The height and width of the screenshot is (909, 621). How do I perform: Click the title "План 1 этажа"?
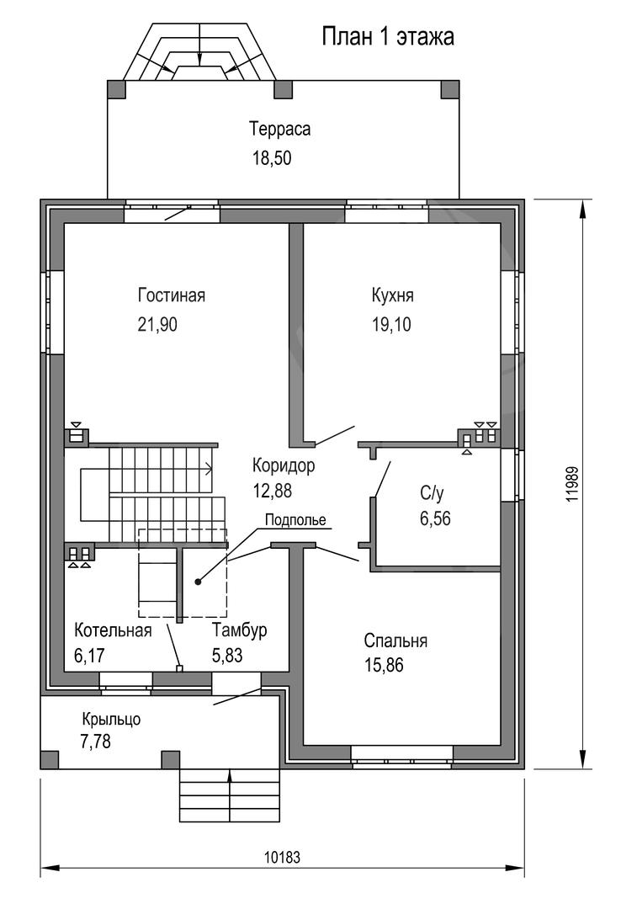(x=388, y=37)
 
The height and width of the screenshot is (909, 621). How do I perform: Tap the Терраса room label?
(x=280, y=129)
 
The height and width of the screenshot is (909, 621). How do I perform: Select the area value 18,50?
(x=271, y=157)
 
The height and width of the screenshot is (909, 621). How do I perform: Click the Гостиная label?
(x=172, y=295)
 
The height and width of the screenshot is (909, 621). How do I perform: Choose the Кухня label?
(x=393, y=295)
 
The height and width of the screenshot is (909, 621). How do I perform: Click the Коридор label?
(x=284, y=465)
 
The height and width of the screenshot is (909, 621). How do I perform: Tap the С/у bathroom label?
(x=432, y=493)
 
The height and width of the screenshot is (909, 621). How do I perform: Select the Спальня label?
(x=396, y=641)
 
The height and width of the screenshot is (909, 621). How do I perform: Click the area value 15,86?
(x=384, y=665)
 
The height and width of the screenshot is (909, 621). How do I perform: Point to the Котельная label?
(x=113, y=630)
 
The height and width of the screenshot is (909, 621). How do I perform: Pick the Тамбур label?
(x=240, y=630)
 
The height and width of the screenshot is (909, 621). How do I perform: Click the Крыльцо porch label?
(x=111, y=720)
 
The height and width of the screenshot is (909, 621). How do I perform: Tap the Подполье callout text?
(x=295, y=520)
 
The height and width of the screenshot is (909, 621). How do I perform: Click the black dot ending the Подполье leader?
(x=199, y=582)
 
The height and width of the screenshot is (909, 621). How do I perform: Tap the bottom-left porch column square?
(x=50, y=760)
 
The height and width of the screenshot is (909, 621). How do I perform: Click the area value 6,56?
(x=435, y=518)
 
